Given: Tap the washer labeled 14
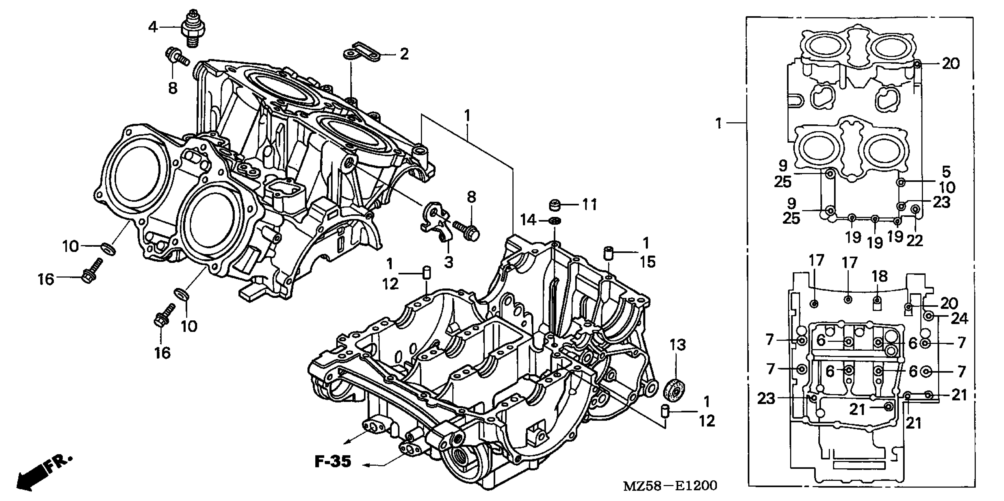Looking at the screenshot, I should coord(555,221).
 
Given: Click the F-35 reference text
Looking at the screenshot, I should coord(333,461).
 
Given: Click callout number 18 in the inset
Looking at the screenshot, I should coord(880,276).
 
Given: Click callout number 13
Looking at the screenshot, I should coord(678,345).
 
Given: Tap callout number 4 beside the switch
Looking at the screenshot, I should coord(153,27).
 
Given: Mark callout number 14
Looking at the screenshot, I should coord(528,220).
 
